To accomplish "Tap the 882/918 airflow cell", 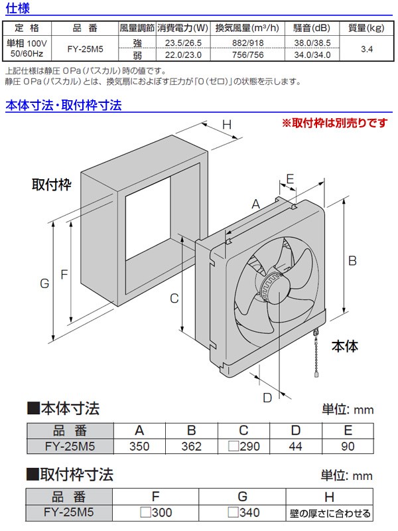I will click(x=247, y=42).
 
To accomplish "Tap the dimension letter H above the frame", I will click(x=226, y=125).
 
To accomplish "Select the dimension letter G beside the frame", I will click(x=44, y=283).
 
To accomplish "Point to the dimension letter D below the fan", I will click(x=267, y=398).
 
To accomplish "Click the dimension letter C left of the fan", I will click(x=174, y=298).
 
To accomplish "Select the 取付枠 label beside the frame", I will click(x=51, y=184).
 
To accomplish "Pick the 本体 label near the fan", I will click(x=345, y=346).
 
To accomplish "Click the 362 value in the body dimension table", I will click(x=191, y=446).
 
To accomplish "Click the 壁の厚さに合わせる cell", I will click(x=330, y=513).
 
